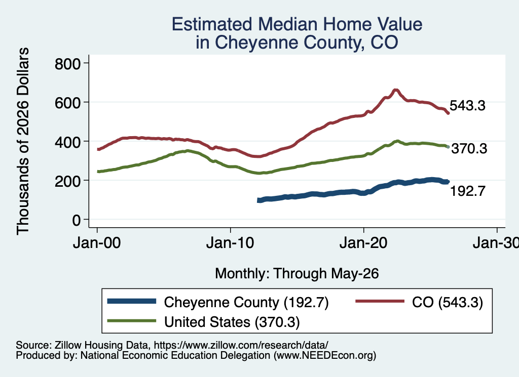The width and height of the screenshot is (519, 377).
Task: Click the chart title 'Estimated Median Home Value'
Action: pyautogui.click(x=297, y=24)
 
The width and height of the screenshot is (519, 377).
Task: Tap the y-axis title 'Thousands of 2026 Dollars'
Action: pyautogui.click(x=23, y=141)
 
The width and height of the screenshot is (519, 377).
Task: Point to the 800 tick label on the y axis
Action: pyautogui.click(x=67, y=63)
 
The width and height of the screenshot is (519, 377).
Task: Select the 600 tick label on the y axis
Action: pyautogui.click(x=67, y=102)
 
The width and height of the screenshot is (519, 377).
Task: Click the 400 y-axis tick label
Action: pyautogui.click(x=67, y=142)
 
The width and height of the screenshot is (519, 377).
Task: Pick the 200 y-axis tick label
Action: pyautogui.click(x=67, y=181)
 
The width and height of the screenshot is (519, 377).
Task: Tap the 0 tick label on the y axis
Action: pyautogui.click(x=77, y=220)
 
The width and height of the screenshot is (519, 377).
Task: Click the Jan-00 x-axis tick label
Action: pyautogui.click(x=97, y=243)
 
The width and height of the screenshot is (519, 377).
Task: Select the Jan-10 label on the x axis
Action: pyautogui.click(x=230, y=243)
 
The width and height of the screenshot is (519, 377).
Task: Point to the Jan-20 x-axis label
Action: pyautogui.click(x=363, y=243)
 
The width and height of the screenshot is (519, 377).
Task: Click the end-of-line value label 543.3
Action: pyautogui.click(x=467, y=105)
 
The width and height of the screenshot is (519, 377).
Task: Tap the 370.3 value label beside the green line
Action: pyautogui.click(x=469, y=149)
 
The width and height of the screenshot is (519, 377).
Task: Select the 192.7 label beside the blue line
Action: pyautogui.click(x=468, y=191)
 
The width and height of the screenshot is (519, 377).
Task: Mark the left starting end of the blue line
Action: pyautogui.click(x=259, y=200)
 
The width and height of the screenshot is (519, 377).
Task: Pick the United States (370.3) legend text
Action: pyautogui.click(x=232, y=322)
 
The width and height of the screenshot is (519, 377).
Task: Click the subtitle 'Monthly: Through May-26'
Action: pyautogui.click(x=297, y=274)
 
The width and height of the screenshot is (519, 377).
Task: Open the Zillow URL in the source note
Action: pyautogui.click(x=241, y=345)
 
